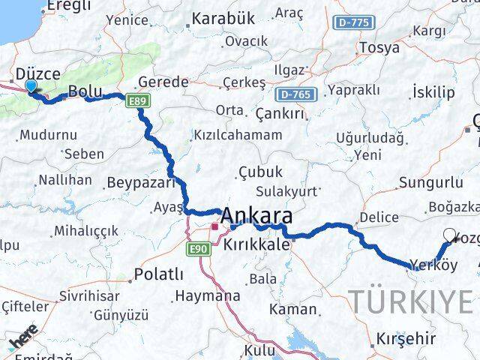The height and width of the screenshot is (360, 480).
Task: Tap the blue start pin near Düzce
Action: [x=30, y=87]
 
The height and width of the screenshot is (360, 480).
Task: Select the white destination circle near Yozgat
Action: [x=449, y=235]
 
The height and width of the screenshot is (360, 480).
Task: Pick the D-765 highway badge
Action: [x=297, y=94]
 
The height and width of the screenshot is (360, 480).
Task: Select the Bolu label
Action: [x=85, y=91]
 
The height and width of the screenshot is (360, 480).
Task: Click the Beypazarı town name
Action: [x=141, y=182]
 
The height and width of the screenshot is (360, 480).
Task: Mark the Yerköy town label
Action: [x=433, y=265]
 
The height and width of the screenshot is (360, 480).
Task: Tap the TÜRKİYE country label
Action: [x=412, y=301]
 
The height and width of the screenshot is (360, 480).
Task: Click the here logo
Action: [x=23, y=341]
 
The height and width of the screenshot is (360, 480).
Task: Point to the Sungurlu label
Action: [x=430, y=182]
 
